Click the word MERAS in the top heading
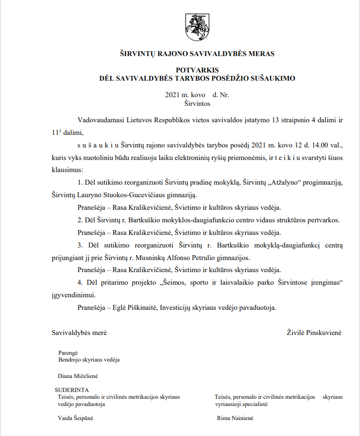[x=260, y=54]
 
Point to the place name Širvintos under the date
[x=197, y=103]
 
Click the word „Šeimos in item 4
[x=174, y=282]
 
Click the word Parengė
[x=68, y=352]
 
